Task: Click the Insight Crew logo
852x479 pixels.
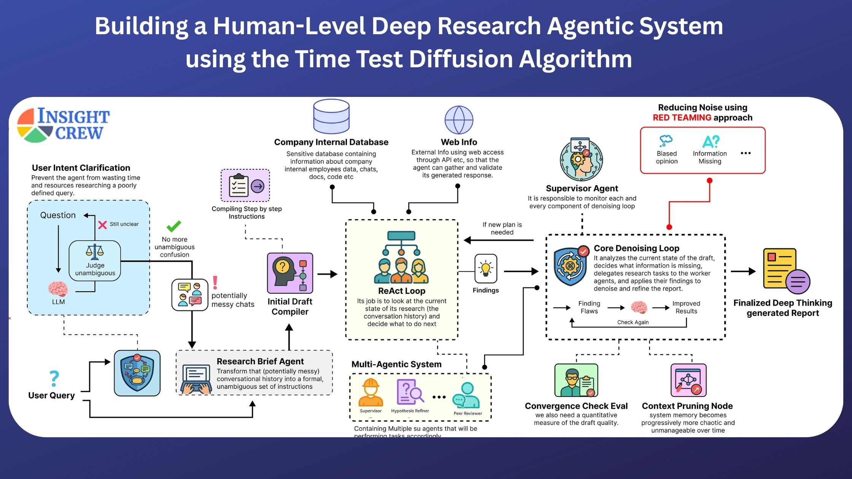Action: coord(63,125)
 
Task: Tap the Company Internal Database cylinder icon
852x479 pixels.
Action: coord(331,116)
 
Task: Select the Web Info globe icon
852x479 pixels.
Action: coord(459,120)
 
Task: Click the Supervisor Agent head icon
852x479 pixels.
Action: coord(581,160)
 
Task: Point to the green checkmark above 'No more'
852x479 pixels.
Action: coord(174,226)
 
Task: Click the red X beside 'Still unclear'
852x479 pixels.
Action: coord(102,225)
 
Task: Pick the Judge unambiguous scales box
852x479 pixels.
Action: coord(95,261)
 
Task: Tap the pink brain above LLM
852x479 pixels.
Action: coord(58,289)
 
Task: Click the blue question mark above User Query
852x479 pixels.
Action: coord(54,379)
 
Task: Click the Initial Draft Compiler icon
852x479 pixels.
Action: coord(290,273)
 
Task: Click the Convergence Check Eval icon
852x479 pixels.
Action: coord(576,380)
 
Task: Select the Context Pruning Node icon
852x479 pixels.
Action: coord(688,380)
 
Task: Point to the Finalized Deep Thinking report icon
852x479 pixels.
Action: coord(786,271)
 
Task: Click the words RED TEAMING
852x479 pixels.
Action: coord(682,118)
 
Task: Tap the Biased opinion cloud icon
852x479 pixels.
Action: coord(666,141)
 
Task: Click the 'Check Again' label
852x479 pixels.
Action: coord(633,322)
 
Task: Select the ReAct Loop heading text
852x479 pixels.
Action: coord(402,291)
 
